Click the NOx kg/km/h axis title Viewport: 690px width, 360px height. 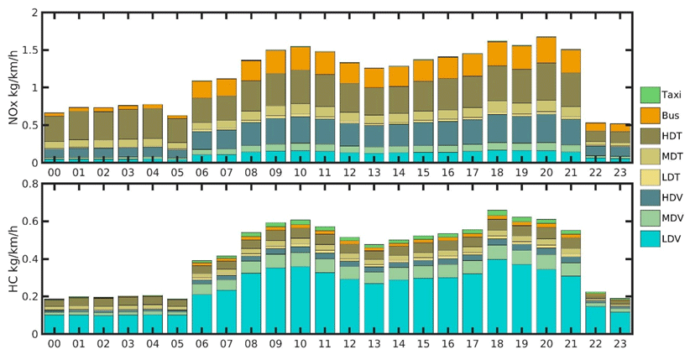pyautogui.click(x=14, y=88)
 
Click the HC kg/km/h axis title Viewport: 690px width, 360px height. pyautogui.click(x=14, y=259)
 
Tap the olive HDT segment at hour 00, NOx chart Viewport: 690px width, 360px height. pyautogui.click(x=54, y=128)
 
